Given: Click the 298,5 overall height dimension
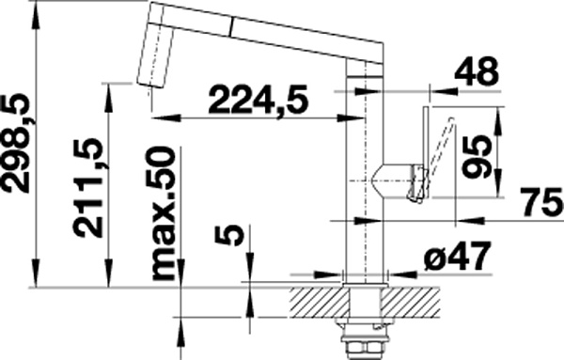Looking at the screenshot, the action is [x=15, y=144].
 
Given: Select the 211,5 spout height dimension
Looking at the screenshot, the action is [x=87, y=187].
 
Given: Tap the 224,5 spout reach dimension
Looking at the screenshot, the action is [x=258, y=99].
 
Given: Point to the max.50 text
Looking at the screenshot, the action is [x=164, y=213].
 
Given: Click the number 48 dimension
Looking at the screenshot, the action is [x=477, y=72].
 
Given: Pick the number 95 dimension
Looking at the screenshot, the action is [x=477, y=156].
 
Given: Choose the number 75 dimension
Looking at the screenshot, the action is [x=542, y=202].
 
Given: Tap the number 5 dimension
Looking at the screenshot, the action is [x=229, y=235].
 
